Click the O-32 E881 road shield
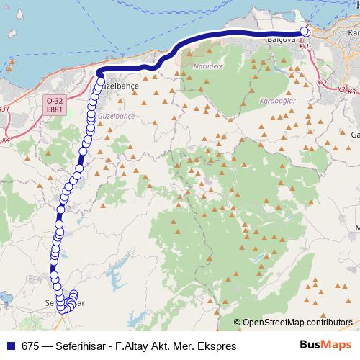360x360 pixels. pos(53,104)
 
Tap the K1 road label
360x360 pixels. pos(305,47)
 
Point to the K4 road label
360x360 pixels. pos(6,139)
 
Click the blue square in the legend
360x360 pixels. pos(9,346)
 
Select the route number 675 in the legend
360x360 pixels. pos(31,346)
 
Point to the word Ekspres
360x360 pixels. pos(216,346)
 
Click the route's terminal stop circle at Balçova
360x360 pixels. pos(304,32)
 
